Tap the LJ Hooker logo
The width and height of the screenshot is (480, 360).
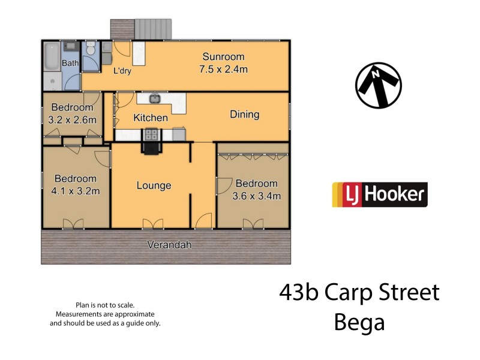(380, 194)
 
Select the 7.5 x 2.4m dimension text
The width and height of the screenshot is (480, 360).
(223, 70)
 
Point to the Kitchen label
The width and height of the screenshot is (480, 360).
(151, 118)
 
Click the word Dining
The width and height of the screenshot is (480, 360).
(244, 115)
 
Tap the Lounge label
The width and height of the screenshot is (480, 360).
(154, 185)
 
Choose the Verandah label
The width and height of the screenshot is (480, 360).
(166, 245)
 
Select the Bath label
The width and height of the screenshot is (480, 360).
(71, 63)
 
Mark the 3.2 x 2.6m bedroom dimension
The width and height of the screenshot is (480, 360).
(72, 119)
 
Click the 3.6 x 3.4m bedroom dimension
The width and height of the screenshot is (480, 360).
(257, 196)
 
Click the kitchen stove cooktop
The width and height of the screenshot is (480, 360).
(151, 134)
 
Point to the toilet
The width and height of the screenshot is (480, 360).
(91, 51)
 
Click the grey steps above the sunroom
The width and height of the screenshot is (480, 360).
(153, 28)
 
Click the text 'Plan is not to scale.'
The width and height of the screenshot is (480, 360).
(105, 305)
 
